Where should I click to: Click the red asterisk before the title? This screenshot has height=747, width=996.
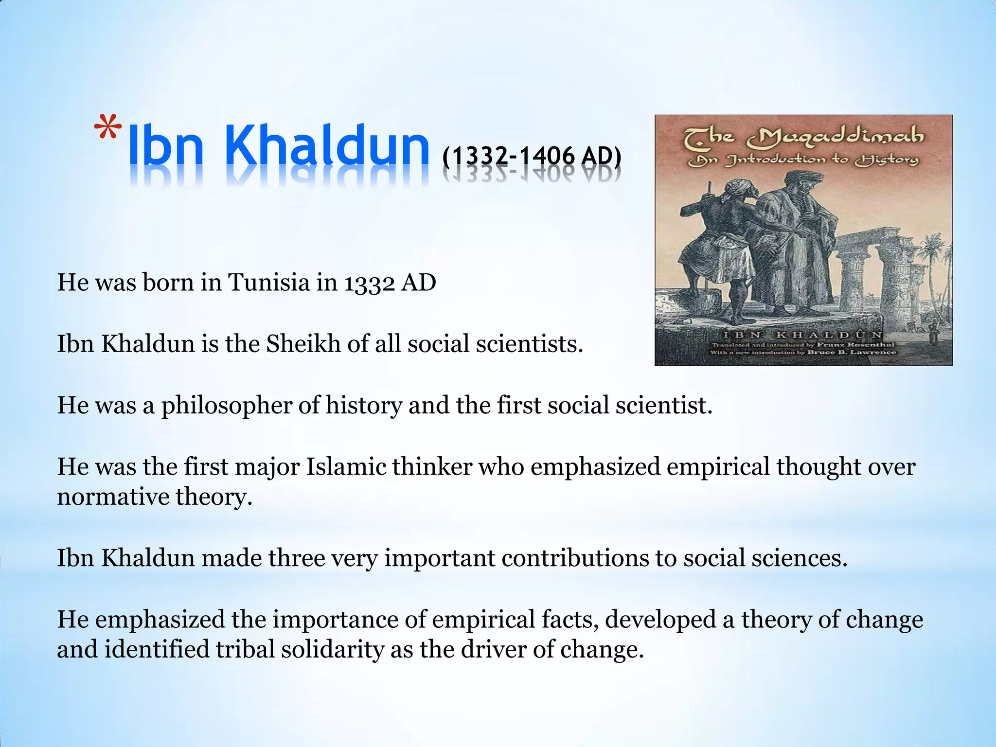click(x=108, y=130)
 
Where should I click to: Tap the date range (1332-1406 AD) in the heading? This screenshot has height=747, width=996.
click(x=532, y=157)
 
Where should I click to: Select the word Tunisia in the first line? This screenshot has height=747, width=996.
click(x=269, y=282)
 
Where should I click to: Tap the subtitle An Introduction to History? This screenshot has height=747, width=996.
click(x=803, y=160)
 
